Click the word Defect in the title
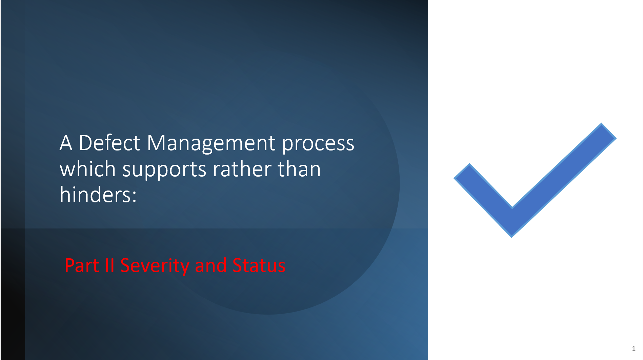(109, 143)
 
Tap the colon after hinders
(135, 197)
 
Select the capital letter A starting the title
(66, 143)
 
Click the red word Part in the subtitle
(82, 265)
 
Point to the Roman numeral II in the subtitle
(109, 265)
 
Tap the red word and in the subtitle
(210, 265)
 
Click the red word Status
(259, 265)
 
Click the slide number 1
(634, 348)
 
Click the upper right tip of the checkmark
(608, 131)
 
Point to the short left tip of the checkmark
(462, 171)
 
